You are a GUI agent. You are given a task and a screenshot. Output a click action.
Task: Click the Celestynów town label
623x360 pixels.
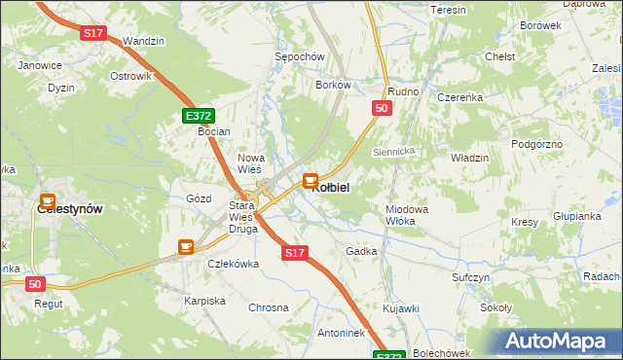tap(69, 208)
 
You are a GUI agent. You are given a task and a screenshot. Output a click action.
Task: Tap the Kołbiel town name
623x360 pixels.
tap(330, 187)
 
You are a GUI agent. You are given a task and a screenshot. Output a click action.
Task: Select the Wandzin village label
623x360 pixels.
tap(144, 42)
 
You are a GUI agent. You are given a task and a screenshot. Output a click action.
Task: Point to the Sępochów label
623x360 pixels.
tap(299, 57)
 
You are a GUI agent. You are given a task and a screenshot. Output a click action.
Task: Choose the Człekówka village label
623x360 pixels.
tap(232, 264)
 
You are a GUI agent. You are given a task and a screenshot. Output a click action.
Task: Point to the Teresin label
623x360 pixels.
tap(449, 10)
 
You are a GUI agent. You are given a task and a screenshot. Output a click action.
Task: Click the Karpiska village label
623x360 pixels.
tap(204, 301)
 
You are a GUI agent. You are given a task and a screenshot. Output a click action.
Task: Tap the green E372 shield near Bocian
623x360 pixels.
tap(199, 116)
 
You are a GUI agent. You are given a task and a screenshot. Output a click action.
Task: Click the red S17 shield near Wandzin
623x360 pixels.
tap(92, 33)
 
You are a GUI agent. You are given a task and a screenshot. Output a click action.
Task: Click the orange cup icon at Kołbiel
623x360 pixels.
tap(311, 179)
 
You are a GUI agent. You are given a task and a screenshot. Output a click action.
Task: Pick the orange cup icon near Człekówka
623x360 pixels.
tap(185, 247)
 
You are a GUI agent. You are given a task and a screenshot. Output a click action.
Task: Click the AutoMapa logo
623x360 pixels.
tap(561, 341)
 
